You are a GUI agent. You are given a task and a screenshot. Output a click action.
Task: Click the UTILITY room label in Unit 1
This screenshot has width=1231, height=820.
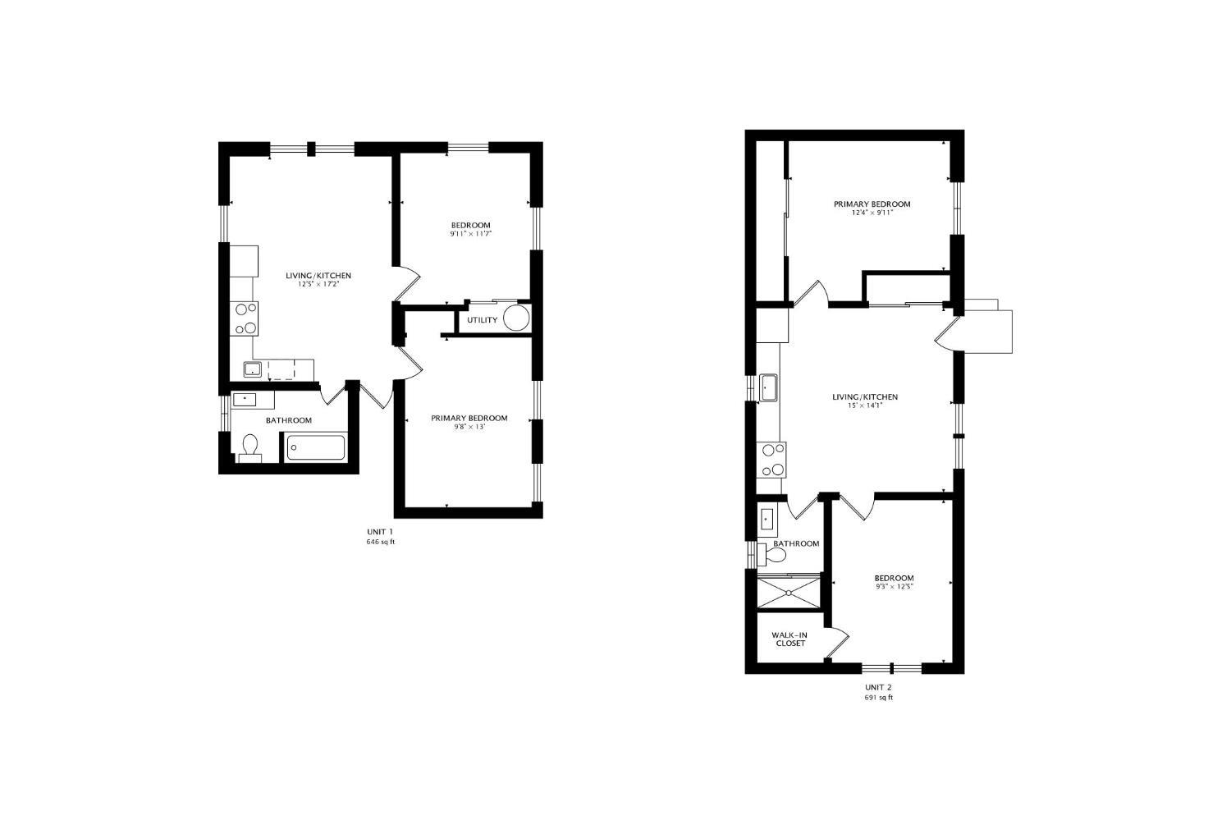[x=482, y=320]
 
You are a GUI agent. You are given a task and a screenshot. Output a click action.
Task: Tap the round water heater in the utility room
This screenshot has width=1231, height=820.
[x=516, y=318]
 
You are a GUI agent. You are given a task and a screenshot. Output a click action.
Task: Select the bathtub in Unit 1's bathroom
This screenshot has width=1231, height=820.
[x=316, y=448]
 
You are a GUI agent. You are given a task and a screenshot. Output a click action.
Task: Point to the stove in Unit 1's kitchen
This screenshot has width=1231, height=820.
[x=245, y=318]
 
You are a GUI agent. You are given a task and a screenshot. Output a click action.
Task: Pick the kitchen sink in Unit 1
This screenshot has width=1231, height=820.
[x=252, y=369]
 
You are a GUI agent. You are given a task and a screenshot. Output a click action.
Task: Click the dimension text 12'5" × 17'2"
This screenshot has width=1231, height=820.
[x=318, y=285]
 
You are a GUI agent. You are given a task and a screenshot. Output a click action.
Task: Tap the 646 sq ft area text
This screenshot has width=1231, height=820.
[x=380, y=542]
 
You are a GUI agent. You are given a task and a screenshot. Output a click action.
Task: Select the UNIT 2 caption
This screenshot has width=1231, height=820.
[x=877, y=687]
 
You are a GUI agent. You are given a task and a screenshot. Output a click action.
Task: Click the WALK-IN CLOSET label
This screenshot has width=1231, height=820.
[x=789, y=639]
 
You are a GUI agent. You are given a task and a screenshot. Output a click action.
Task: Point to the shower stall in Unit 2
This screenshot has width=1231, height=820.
[x=789, y=592]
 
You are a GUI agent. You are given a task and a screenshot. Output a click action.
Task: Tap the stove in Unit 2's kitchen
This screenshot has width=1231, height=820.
[x=773, y=460]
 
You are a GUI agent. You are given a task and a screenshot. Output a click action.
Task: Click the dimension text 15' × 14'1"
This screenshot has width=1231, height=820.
[x=865, y=405]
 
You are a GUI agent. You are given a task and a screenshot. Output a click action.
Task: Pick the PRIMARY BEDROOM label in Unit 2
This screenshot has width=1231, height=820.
[x=872, y=204]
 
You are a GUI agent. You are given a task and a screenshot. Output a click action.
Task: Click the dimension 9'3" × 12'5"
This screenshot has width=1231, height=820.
[x=894, y=587]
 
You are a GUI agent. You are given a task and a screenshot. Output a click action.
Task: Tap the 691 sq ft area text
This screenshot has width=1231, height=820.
[x=877, y=698]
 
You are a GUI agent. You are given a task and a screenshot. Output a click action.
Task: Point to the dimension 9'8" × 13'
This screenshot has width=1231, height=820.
[x=469, y=427]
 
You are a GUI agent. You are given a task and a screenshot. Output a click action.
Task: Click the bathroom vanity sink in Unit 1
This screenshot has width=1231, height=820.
[x=244, y=400]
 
